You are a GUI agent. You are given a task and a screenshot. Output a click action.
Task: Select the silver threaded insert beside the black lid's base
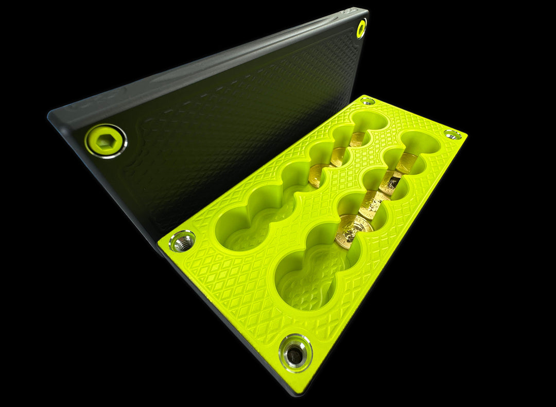(x=182, y=241)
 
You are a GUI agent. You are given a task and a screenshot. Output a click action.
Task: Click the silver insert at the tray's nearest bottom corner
(x=295, y=353)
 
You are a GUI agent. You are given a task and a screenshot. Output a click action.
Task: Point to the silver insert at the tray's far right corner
(x=453, y=134)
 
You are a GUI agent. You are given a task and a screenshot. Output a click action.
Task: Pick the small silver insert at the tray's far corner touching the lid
(x=367, y=100)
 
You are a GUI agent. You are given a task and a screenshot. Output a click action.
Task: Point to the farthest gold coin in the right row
(x=407, y=162)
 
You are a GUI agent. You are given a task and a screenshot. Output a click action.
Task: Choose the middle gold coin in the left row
(x=338, y=156)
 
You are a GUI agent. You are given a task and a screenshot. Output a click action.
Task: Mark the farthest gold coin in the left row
(x=357, y=139)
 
